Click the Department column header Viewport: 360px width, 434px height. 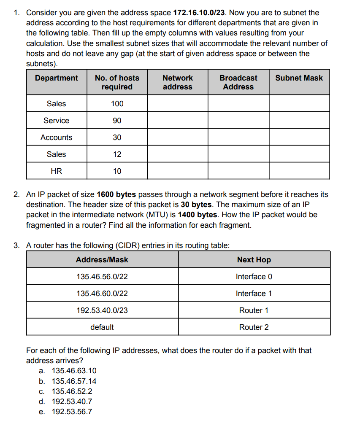tap(57, 78)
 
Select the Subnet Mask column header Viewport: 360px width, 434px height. tap(299, 78)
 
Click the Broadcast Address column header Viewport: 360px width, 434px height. tap(238, 82)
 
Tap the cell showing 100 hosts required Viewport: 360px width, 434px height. tap(117, 104)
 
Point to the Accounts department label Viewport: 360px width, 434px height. tap(57, 137)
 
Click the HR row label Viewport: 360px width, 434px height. tap(57, 171)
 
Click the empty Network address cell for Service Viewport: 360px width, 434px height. tap(177, 121)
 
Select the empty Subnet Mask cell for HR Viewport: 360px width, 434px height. tap(299, 171)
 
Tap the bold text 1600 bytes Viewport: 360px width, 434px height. tap(116, 194)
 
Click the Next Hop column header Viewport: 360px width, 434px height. tap(254, 260)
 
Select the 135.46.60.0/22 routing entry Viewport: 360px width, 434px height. tap(102, 294)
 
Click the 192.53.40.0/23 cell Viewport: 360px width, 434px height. tap(102, 310)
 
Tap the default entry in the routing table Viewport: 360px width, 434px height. tap(102, 327)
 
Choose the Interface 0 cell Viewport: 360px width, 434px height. tap(254, 277)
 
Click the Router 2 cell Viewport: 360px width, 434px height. tap(254, 327)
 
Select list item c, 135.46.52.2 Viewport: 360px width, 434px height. tap(72, 391)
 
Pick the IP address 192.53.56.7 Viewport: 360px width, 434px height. tap(72, 412)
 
